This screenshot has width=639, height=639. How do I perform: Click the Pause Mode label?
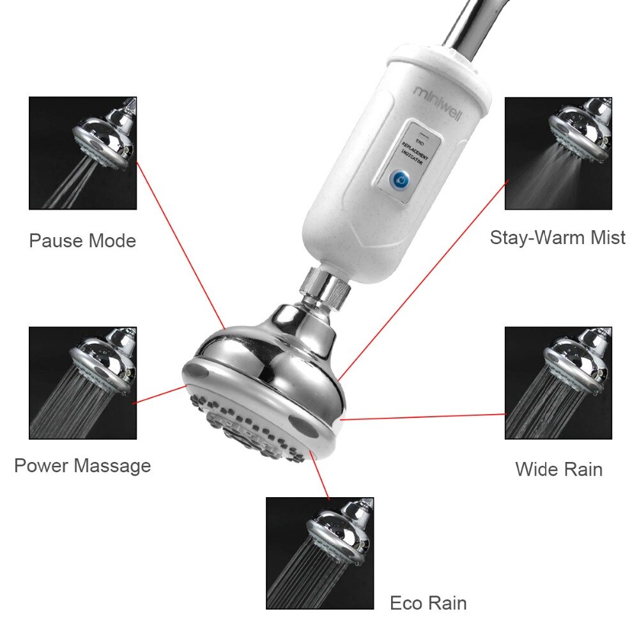[82, 240]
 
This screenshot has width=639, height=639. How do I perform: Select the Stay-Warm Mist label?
[557, 238]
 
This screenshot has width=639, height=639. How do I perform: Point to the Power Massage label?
[82, 465]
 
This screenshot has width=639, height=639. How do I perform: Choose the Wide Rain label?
[558, 469]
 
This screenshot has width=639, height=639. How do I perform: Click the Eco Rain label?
[428, 603]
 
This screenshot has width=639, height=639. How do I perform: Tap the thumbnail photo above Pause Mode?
[82, 153]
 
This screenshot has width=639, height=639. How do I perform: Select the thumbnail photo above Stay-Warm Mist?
[558, 153]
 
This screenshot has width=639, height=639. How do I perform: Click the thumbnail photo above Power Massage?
[82, 383]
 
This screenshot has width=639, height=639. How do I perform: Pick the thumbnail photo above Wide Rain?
[558, 383]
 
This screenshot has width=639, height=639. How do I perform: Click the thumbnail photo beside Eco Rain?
[320, 553]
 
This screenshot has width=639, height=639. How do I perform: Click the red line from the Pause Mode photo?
[181, 245]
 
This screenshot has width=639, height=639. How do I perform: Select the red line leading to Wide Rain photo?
[423, 417]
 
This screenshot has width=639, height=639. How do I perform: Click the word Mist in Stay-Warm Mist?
[608, 237]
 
